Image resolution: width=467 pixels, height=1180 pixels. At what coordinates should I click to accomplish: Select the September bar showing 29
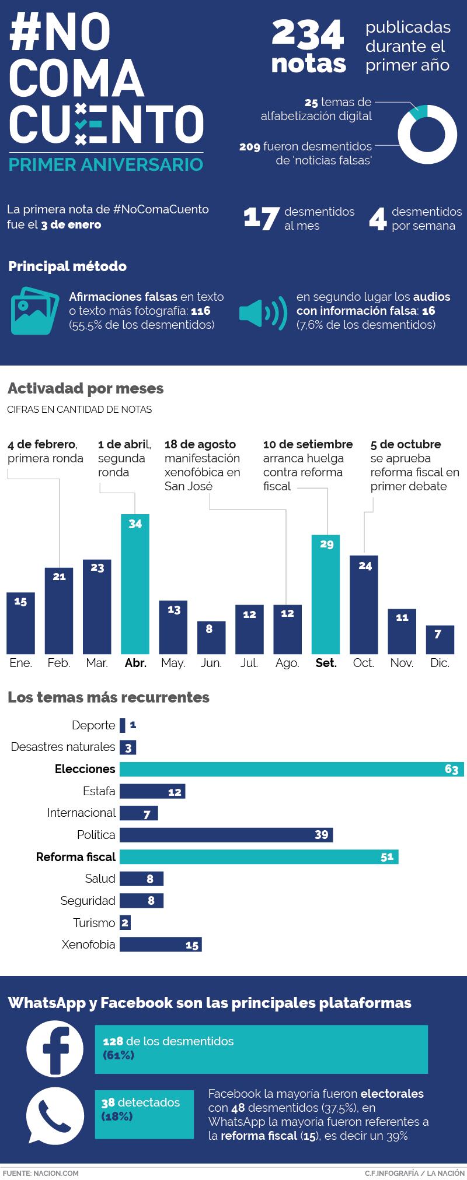[x=326, y=593]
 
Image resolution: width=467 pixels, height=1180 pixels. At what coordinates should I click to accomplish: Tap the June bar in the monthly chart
[x=211, y=637]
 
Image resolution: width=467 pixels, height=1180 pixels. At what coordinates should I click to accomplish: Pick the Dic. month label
[x=440, y=663]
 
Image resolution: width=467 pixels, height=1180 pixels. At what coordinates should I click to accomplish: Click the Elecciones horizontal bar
[x=291, y=769]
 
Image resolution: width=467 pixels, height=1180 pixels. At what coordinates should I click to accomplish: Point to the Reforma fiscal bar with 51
[x=259, y=856]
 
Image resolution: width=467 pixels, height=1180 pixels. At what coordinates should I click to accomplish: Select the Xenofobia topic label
[x=88, y=944]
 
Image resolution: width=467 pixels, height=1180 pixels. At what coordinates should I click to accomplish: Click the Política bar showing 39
[x=226, y=835]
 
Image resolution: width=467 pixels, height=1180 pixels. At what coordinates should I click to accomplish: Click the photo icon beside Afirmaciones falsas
[x=34, y=310]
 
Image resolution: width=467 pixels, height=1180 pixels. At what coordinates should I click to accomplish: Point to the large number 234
[x=308, y=37]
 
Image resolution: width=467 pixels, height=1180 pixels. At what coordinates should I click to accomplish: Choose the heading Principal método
[x=67, y=266]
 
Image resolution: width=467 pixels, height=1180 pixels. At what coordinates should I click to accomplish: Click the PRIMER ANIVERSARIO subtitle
[x=106, y=164]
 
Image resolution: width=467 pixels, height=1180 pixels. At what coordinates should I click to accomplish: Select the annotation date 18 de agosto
[x=200, y=444]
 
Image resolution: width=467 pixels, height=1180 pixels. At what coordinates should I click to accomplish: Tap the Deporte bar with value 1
[x=122, y=725]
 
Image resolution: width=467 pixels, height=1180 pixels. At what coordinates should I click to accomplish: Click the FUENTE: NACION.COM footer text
[x=40, y=1173]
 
